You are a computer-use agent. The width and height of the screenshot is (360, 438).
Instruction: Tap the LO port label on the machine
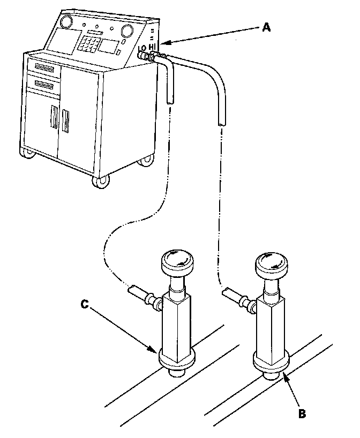142,48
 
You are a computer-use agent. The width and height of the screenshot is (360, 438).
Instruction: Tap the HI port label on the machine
153,48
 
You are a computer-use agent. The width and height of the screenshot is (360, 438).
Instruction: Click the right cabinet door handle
66,120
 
